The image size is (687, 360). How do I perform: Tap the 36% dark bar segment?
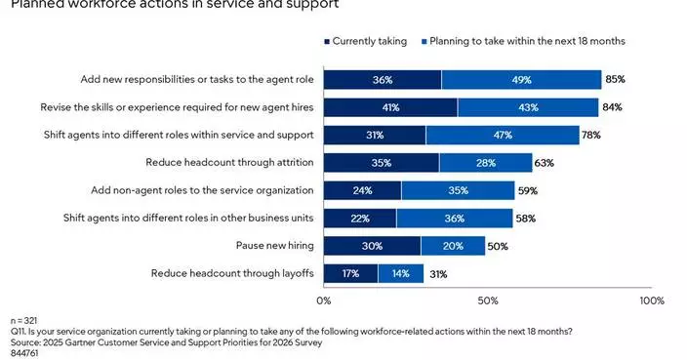pyautogui.click(x=383, y=79)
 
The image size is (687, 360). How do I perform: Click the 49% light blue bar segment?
pyautogui.click(x=521, y=79)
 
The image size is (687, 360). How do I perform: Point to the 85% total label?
pyautogui.click(x=615, y=79)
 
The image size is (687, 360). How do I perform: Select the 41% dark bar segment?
pyautogui.click(x=390, y=106)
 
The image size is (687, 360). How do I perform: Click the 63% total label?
pyautogui.click(x=544, y=163)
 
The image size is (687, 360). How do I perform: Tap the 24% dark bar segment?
pyautogui.click(x=362, y=190)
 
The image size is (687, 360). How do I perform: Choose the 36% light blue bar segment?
pyautogui.click(x=454, y=219)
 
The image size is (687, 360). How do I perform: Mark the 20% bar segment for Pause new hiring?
pyautogui.click(x=452, y=246)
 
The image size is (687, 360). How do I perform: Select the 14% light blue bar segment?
pyautogui.click(x=400, y=274)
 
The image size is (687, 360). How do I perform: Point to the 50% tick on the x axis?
pyautogui.click(x=488, y=300)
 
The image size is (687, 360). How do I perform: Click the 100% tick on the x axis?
pyautogui.click(x=651, y=300)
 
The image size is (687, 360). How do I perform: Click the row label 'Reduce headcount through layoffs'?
pyautogui.click(x=232, y=274)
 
